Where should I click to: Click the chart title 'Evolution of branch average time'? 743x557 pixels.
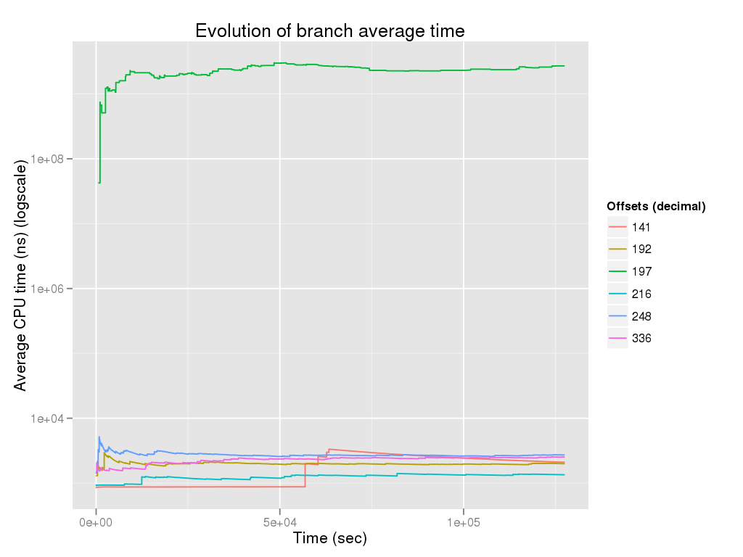pyautogui.click(x=329, y=30)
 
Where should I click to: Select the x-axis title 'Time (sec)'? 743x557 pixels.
pyautogui.click(x=329, y=538)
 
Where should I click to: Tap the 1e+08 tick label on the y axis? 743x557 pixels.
pyautogui.click(x=50, y=158)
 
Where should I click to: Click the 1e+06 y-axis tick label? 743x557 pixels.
pyautogui.click(x=50, y=289)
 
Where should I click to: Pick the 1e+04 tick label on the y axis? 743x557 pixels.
pyautogui.click(x=50, y=418)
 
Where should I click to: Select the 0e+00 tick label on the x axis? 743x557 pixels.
pyautogui.click(x=96, y=521)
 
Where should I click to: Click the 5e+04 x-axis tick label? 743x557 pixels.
pyautogui.click(x=280, y=521)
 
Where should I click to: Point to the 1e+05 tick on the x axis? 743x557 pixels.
pyautogui.click(x=464, y=521)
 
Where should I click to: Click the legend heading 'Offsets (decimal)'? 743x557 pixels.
pyautogui.click(x=656, y=206)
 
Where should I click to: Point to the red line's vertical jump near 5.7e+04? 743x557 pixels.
pyautogui.click(x=305, y=475)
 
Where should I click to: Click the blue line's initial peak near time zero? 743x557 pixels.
pyautogui.click(x=99, y=437)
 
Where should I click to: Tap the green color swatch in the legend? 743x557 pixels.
pyautogui.click(x=617, y=271)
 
